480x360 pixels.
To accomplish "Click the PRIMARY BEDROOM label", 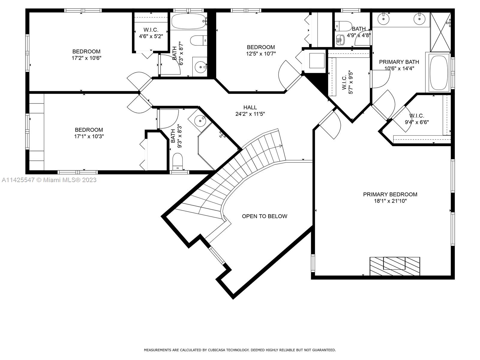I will pos(390,194).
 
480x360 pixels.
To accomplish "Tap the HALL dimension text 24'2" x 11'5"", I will pos(250,114).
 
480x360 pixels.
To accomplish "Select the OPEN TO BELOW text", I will pos(264,216).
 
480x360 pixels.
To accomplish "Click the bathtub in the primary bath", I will pos(438,73).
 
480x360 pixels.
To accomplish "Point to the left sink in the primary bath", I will pos(384,19).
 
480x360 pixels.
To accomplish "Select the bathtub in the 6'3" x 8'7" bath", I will pos(188,21).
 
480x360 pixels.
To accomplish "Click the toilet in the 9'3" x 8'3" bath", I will pos(178,161).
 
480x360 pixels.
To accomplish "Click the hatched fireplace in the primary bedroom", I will pos(394,266).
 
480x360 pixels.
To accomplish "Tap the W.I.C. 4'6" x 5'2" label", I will pos(151,33).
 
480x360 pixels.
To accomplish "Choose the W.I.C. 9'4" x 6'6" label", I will pos(417,119).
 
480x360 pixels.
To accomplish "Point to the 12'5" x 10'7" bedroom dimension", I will pos(261,54).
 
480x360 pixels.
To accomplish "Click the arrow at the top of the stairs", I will pos(280,146).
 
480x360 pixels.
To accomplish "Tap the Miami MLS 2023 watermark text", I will pos(49,180).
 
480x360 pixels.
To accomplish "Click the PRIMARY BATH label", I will pos(399,62).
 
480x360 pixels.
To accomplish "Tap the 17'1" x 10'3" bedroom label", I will pos(89,133).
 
